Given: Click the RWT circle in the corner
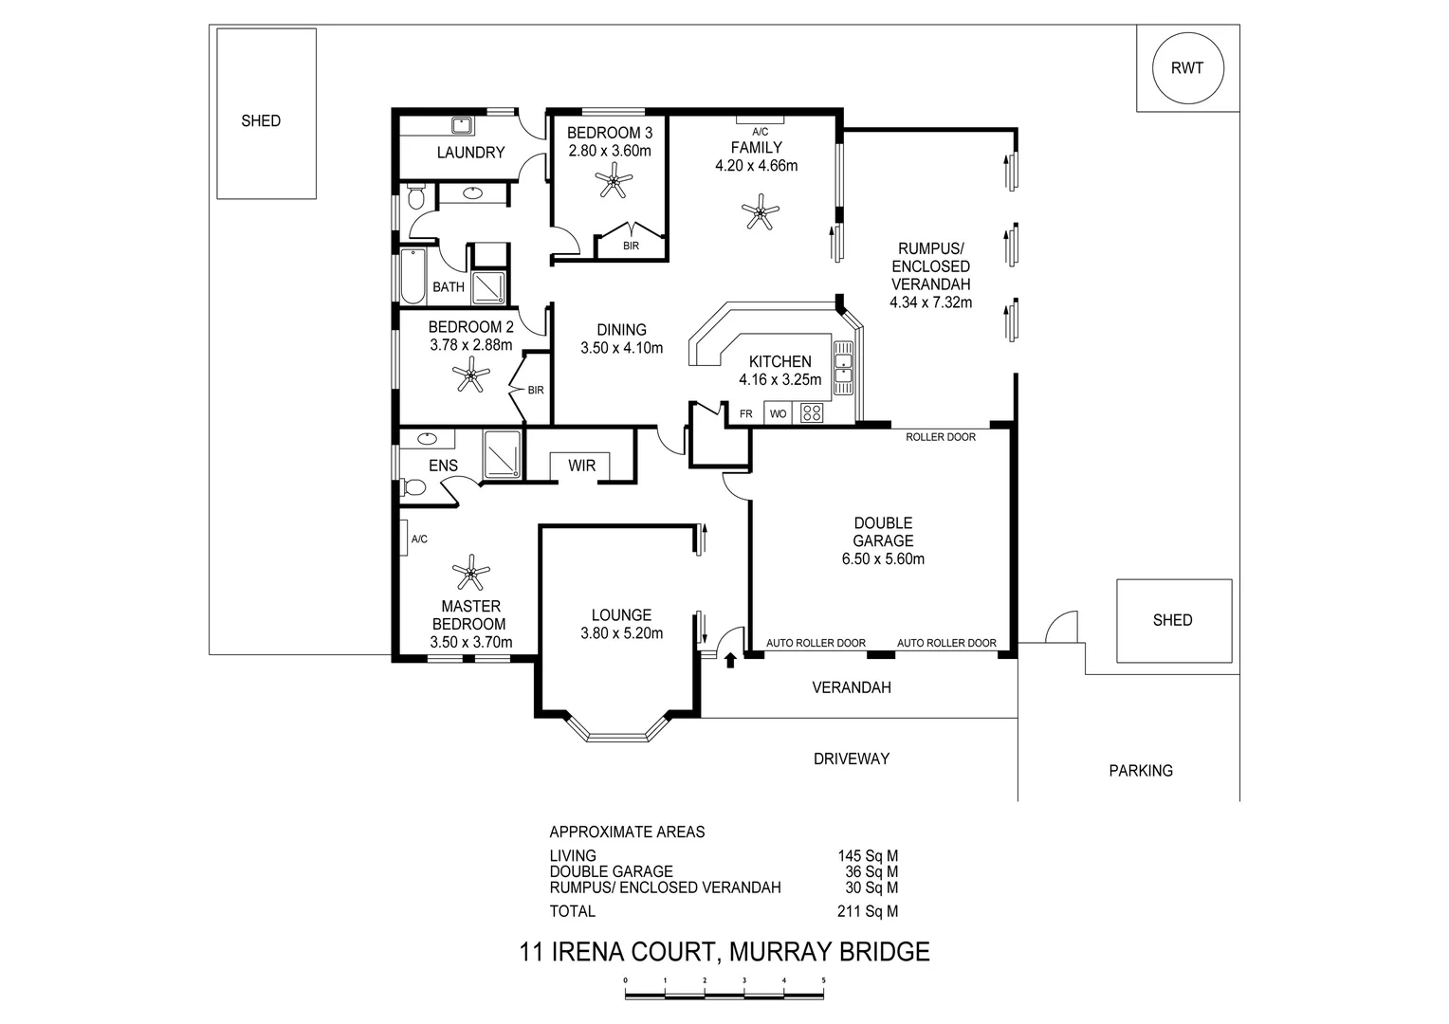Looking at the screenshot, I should coord(1187,68).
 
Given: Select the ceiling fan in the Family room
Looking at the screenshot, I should coord(759,211).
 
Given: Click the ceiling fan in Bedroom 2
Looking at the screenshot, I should coord(470,376).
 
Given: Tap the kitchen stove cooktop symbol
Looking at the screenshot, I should coord(813,413).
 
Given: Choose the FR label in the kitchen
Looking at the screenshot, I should coord(746,414).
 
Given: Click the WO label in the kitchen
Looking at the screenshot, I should coord(778,414).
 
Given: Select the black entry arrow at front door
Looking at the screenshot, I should coord(730,659).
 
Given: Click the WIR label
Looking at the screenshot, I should coord(581,466).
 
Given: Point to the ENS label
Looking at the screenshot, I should coord(443,466).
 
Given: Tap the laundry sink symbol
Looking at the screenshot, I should coord(462,125).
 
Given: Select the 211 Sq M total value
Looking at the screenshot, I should coord(867,911).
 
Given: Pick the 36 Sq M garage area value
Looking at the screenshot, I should coord(871,871).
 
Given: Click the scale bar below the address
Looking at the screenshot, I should coord(724,994).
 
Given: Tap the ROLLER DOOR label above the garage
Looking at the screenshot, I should coord(940,437).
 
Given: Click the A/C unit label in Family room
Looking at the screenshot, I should coord(760,132).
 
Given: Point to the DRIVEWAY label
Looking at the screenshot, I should coord(851,759).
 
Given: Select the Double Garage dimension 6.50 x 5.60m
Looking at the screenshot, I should coord(882,558).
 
